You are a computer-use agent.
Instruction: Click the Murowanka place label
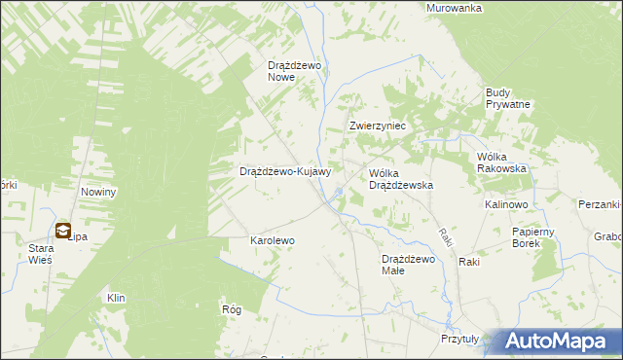click(456, 8)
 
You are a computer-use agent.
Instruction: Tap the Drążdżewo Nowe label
click(295, 72)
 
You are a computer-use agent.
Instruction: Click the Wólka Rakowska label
click(501, 162)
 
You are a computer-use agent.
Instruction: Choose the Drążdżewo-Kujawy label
click(286, 171)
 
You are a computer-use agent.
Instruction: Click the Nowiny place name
click(99, 192)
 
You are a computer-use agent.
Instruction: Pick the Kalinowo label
click(506, 205)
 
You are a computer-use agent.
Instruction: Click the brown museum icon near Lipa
click(63, 231)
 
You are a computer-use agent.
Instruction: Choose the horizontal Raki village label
click(470, 262)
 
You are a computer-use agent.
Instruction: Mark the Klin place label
click(117, 297)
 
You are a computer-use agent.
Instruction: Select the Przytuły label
click(459, 340)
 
